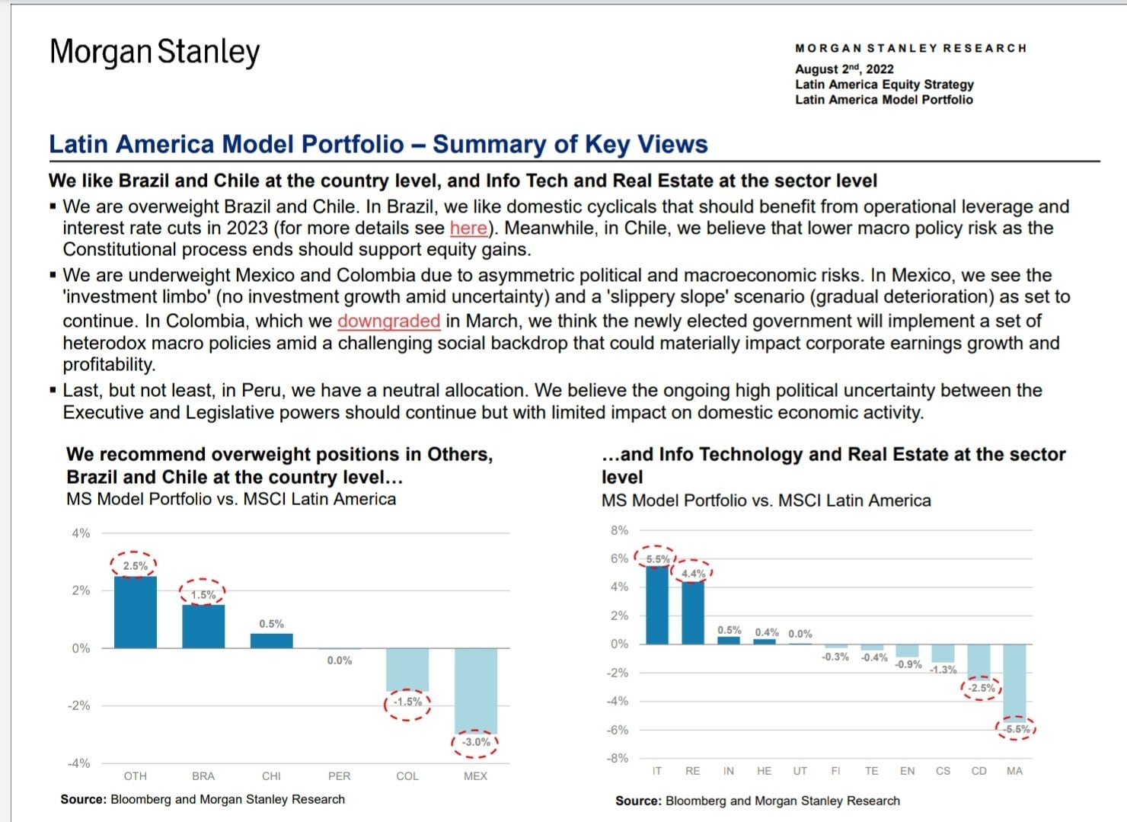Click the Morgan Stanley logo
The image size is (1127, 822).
tap(155, 52)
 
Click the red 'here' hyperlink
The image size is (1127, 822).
tap(468, 229)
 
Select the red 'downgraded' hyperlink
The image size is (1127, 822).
tap(388, 321)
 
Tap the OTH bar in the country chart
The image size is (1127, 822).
tap(136, 613)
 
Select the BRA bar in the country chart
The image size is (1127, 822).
tap(203, 626)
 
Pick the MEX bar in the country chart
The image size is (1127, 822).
tap(476, 690)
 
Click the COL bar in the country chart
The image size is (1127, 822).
tap(407, 670)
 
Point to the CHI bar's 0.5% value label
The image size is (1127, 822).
tap(271, 624)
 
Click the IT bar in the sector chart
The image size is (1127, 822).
tap(656, 605)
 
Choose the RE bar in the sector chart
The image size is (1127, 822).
tap(692, 613)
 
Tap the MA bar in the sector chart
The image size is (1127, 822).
tap(1014, 682)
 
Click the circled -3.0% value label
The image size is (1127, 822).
tap(476, 742)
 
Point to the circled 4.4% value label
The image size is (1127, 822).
tap(693, 574)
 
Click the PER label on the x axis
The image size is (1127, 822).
tap(340, 776)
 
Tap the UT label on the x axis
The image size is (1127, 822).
tap(800, 771)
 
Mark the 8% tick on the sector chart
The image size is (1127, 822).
tap(619, 530)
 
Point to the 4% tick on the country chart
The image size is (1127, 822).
tap(81, 533)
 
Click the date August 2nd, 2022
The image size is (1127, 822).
tap(844, 69)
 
